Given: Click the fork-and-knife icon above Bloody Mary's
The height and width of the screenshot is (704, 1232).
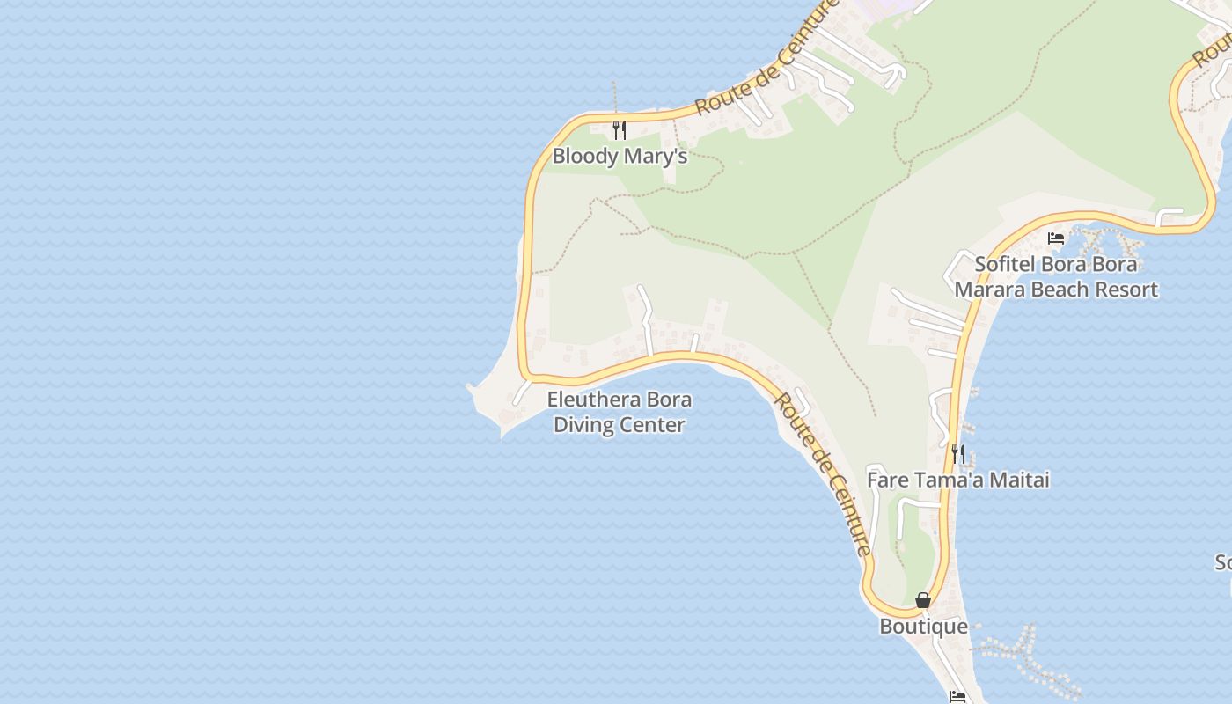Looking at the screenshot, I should click(620, 131).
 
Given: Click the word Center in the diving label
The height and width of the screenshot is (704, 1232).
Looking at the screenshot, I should click(656, 425).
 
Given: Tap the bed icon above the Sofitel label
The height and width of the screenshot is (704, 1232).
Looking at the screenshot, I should click(1056, 238).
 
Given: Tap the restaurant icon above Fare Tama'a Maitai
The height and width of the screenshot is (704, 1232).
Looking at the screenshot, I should click(958, 454).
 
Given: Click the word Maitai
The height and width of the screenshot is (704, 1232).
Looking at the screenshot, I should click(1020, 480).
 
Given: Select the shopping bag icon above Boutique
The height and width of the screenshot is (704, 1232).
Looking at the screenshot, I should click(923, 600).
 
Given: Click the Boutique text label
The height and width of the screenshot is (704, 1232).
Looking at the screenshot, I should click(923, 627).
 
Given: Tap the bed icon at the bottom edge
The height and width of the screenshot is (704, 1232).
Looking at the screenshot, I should click(957, 697).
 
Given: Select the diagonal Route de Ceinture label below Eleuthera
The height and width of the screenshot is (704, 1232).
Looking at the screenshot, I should click(824, 475).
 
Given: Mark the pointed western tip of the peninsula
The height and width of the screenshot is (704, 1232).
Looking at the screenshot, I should click(469, 386).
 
